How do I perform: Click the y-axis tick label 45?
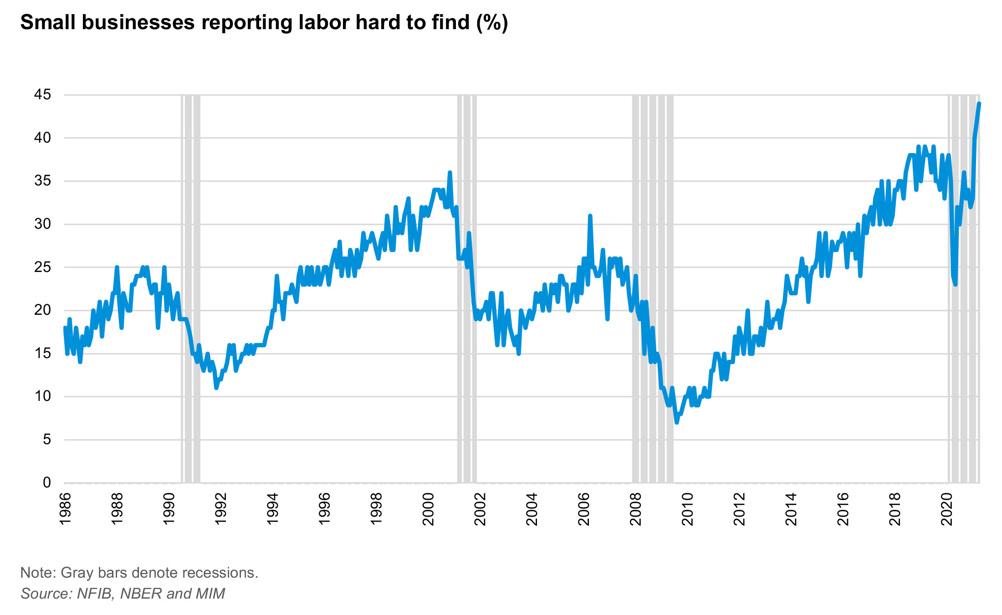tap(42, 95)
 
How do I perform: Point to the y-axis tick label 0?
tap(46, 482)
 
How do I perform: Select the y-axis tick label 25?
tap(42, 267)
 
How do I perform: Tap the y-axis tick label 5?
tap(46, 440)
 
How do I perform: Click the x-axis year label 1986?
tap(66, 509)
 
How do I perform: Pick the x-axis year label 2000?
tap(429, 509)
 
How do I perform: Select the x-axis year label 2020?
tap(947, 509)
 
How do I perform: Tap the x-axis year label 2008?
tap(636, 509)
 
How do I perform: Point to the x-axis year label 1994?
tap(273, 509)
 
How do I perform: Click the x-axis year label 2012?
tap(740, 509)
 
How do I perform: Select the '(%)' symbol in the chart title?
tap(492, 23)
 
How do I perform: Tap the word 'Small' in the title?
tap(47, 22)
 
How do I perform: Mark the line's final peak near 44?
tap(979, 104)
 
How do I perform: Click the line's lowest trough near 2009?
tap(677, 422)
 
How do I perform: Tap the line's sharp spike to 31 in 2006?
tap(590, 216)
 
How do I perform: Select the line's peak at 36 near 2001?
tap(450, 173)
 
